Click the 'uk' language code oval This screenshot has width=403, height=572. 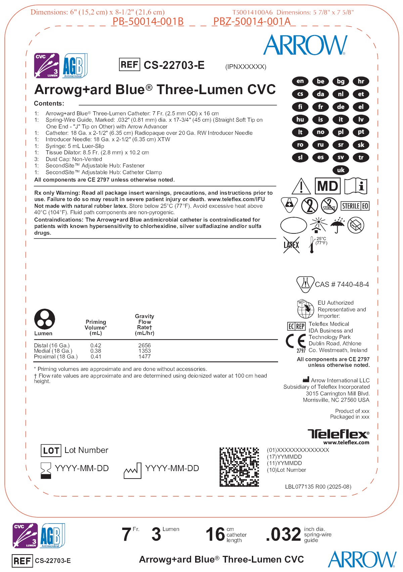341,170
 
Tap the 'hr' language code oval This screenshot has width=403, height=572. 361,81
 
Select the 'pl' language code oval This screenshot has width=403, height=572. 341,132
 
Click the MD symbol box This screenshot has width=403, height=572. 327,186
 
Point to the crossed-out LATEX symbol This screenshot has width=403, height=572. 291,244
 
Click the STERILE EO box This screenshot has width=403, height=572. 355,206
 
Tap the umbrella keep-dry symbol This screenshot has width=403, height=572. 337,225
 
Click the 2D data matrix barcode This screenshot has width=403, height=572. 239,467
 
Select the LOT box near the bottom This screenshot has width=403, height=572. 51,451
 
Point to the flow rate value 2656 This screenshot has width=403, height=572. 144,345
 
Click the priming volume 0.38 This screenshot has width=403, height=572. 96,351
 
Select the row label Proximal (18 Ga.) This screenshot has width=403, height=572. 56,356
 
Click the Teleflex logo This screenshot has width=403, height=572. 338,434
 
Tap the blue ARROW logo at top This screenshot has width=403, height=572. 305,45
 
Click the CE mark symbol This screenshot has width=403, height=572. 296,341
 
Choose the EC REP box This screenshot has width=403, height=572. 296,326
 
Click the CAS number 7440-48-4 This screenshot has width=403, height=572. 342,284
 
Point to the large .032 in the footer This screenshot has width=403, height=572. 283,535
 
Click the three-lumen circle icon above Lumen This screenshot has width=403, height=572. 45,319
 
